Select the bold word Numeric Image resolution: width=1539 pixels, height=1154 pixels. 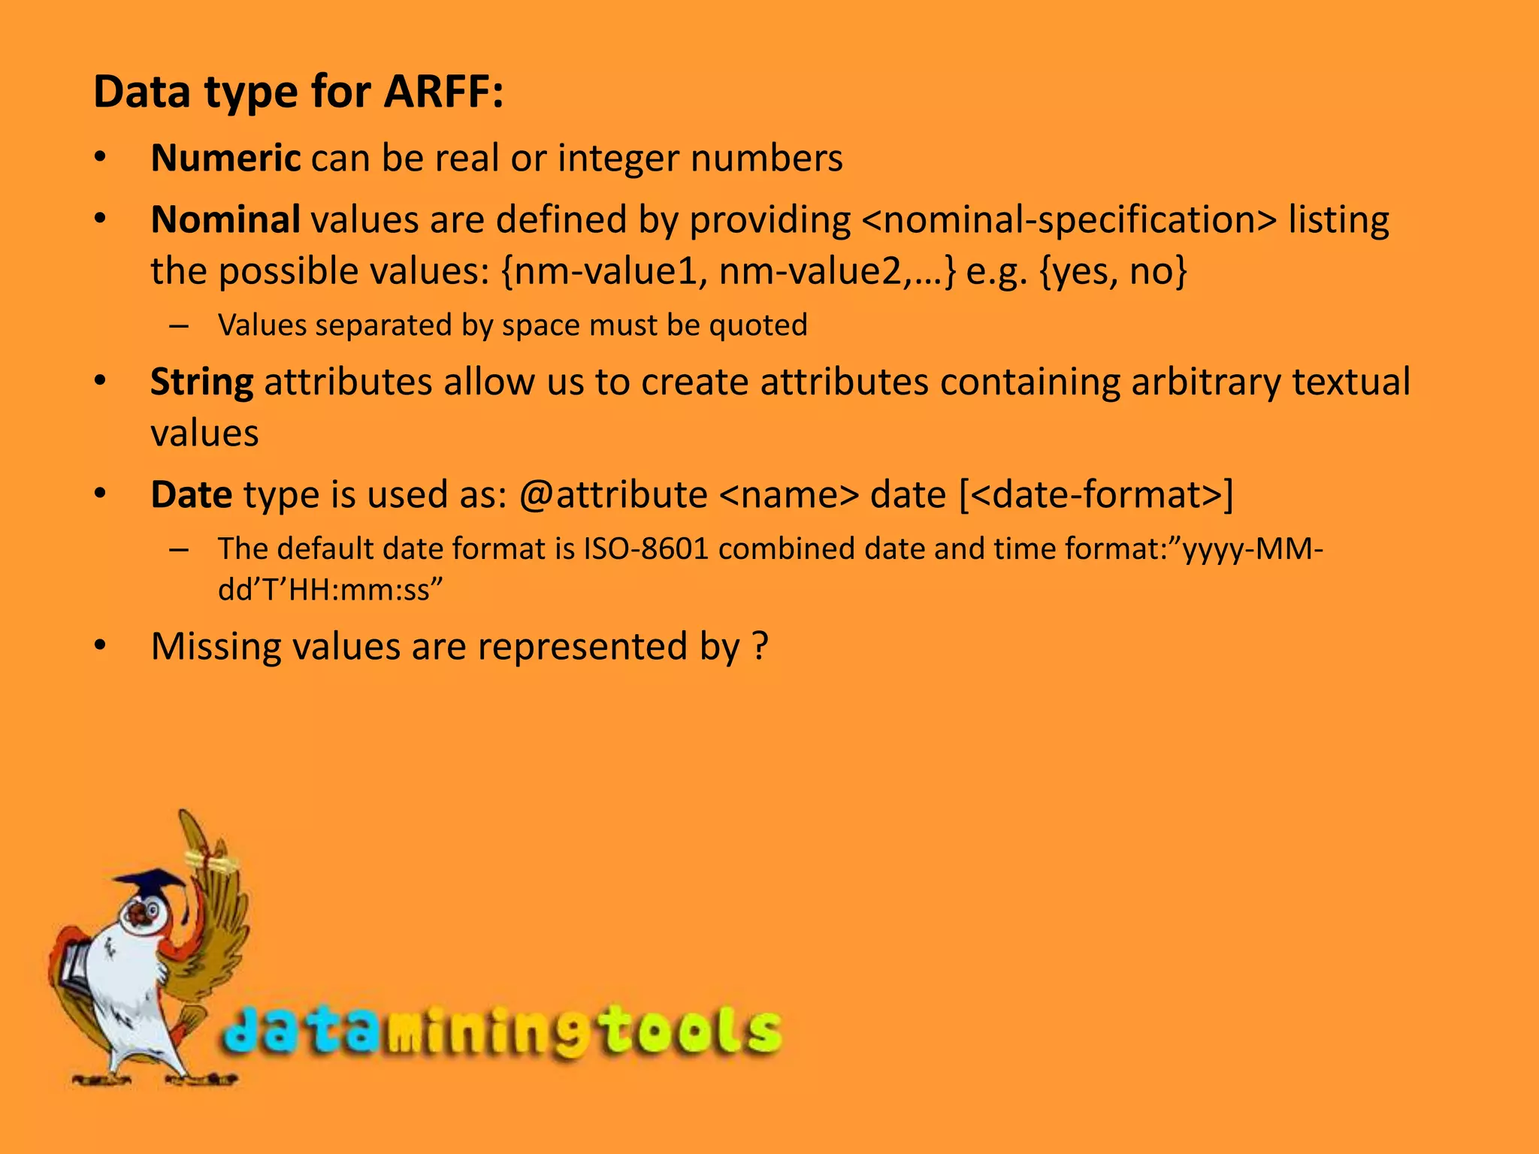pos(225,159)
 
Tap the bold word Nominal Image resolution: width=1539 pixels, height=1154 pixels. pos(225,220)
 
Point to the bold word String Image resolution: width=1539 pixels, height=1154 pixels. pos(201,382)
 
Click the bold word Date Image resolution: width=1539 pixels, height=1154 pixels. pos(191,494)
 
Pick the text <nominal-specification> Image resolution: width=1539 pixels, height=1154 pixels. pos(1069,220)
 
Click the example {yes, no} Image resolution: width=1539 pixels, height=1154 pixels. pos(1114,271)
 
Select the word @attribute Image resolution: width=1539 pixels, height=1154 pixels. pos(612,494)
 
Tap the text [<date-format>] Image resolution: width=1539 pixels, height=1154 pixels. pos(1096,494)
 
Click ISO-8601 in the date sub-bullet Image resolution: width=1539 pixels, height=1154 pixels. pos(646,549)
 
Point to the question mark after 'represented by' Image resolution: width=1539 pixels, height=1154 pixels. pos(760,647)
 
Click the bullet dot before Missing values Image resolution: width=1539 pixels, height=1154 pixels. pos(101,647)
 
